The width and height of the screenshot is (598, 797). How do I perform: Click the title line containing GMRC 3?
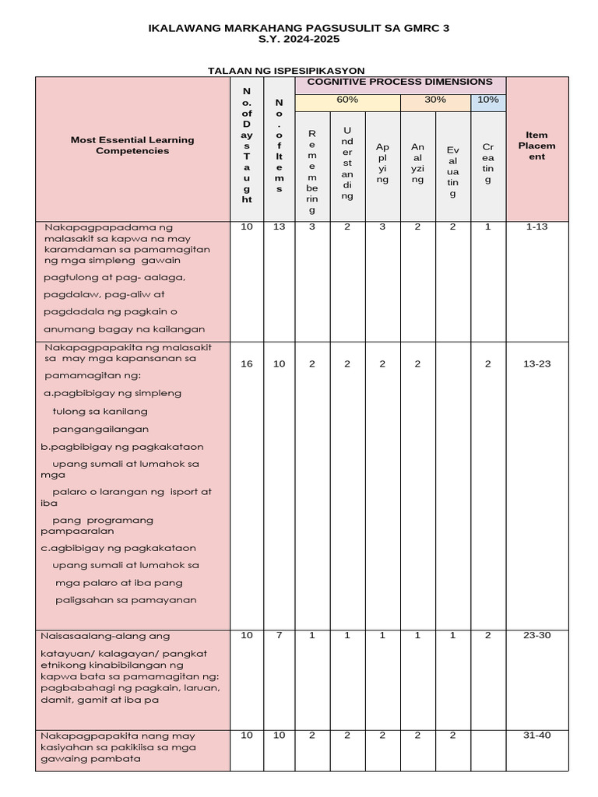pos(299,28)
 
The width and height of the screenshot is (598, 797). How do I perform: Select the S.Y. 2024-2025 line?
pos(299,39)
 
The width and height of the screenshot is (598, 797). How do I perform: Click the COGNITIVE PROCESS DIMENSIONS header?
pos(399,82)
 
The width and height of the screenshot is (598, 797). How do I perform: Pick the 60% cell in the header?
pos(347,100)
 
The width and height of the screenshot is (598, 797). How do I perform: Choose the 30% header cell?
pos(435,100)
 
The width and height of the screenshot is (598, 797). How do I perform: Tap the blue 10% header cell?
pos(488,100)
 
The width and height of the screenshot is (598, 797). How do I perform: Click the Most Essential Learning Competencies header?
pos(132,146)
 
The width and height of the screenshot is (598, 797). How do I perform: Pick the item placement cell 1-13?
pos(536,227)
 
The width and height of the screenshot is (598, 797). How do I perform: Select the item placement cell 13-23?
pos(536,364)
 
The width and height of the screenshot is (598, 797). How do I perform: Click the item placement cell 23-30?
pos(536,636)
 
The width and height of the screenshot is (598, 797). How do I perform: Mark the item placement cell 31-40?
pos(536,736)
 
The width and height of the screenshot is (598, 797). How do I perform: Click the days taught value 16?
pos(247,364)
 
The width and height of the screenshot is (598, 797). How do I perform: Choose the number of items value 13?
pos(280,227)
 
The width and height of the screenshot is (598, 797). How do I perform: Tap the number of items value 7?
pos(280,636)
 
